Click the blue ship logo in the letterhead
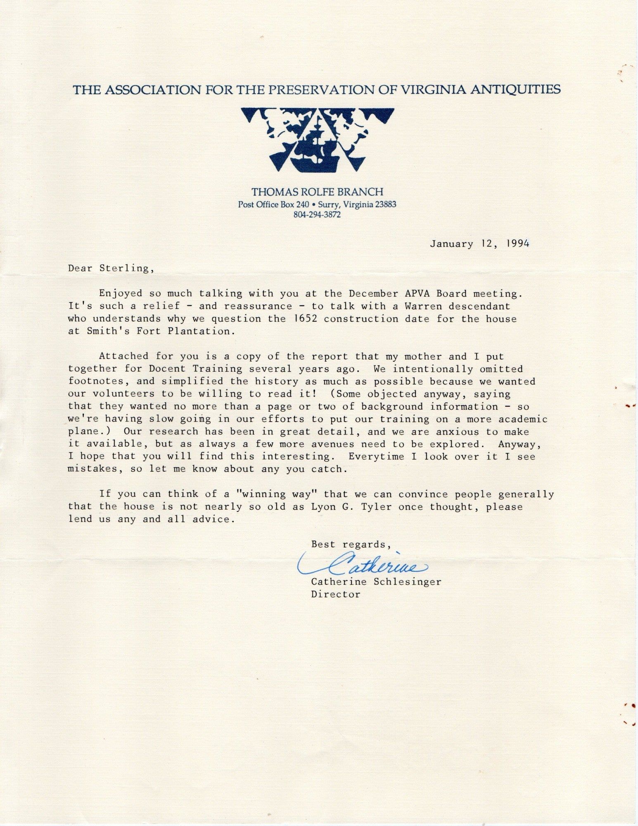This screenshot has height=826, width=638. (317, 140)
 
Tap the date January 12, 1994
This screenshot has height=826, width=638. (479, 244)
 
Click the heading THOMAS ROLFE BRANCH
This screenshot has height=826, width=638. (317, 192)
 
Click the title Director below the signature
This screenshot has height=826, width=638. (335, 594)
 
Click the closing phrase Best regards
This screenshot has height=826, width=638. (351, 544)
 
